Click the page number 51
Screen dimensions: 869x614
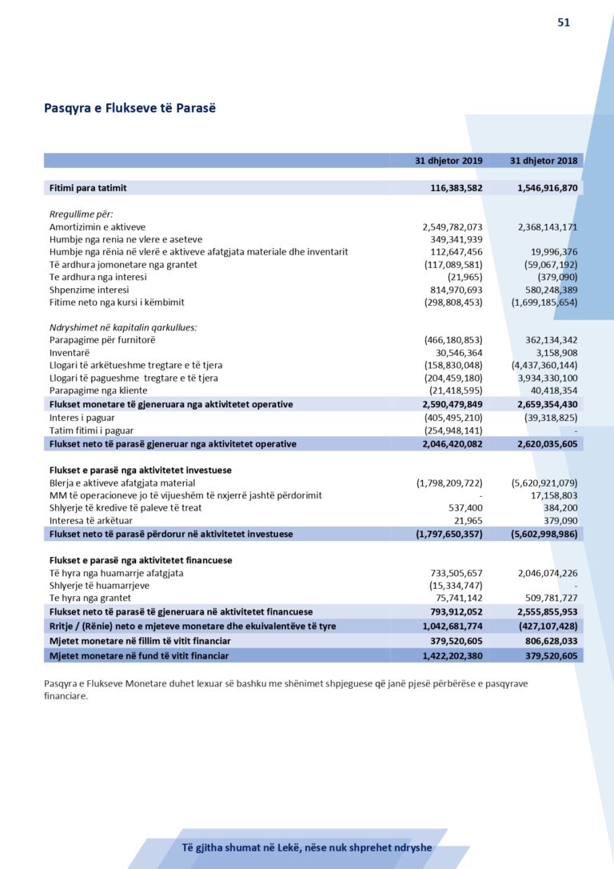tap(564, 22)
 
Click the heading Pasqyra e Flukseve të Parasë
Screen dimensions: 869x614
tap(130, 108)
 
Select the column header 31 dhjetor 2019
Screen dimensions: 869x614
tap(449, 161)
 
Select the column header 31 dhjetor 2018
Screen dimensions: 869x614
tap(544, 161)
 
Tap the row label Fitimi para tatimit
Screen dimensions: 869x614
tap(88, 188)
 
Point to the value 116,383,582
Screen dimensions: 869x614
tap(453, 188)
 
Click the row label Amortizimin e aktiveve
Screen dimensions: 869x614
tap(98, 227)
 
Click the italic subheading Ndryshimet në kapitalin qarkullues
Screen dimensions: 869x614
tap(123, 327)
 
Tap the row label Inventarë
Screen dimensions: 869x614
tap(70, 352)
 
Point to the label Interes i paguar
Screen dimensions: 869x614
tap(82, 418)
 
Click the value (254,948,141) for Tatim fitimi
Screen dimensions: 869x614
tap(453, 430)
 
